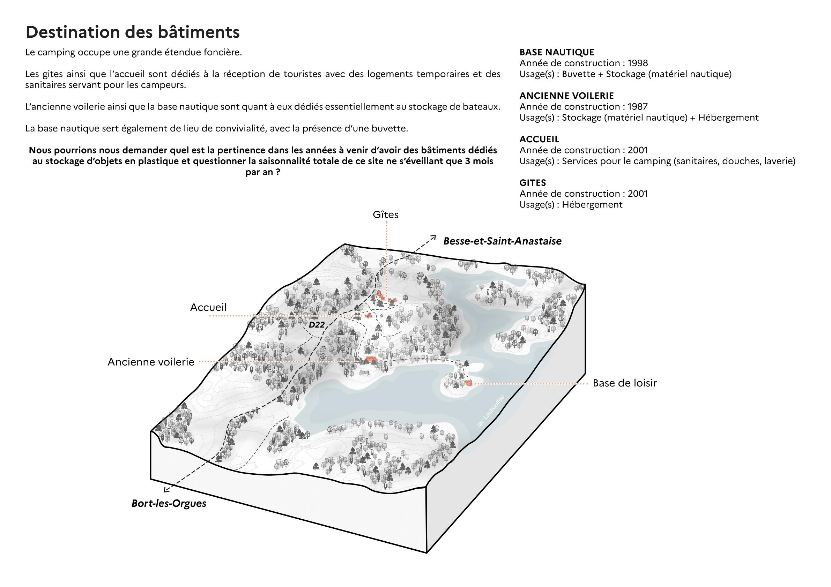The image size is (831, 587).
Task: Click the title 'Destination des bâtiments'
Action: click(x=133, y=32)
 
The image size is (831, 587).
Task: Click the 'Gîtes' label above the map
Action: click(x=385, y=215)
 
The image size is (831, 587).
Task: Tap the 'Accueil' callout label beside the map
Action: click(x=208, y=307)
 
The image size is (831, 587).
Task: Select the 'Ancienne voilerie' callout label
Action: click(x=151, y=362)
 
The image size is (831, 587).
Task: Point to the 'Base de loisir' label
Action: click(x=624, y=383)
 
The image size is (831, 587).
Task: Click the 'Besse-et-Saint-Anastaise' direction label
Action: click(x=502, y=241)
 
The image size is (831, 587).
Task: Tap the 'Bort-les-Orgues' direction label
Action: click(x=169, y=503)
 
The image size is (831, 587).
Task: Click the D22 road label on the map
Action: click(x=316, y=325)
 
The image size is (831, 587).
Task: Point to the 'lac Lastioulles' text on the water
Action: click(x=491, y=411)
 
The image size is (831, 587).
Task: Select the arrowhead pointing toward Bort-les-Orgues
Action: click(x=166, y=490)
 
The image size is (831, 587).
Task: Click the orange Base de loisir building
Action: click(x=469, y=383)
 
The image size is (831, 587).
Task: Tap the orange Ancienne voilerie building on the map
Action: click(x=370, y=359)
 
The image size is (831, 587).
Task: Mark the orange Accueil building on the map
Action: click(x=369, y=316)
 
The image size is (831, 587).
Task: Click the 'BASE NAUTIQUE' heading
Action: click(x=557, y=52)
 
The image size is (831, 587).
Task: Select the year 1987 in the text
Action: click(x=638, y=107)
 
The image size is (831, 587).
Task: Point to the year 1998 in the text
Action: click(x=638, y=63)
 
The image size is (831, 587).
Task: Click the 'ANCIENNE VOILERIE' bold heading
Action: click(x=566, y=96)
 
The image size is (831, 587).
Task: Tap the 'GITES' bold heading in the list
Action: click(x=532, y=183)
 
